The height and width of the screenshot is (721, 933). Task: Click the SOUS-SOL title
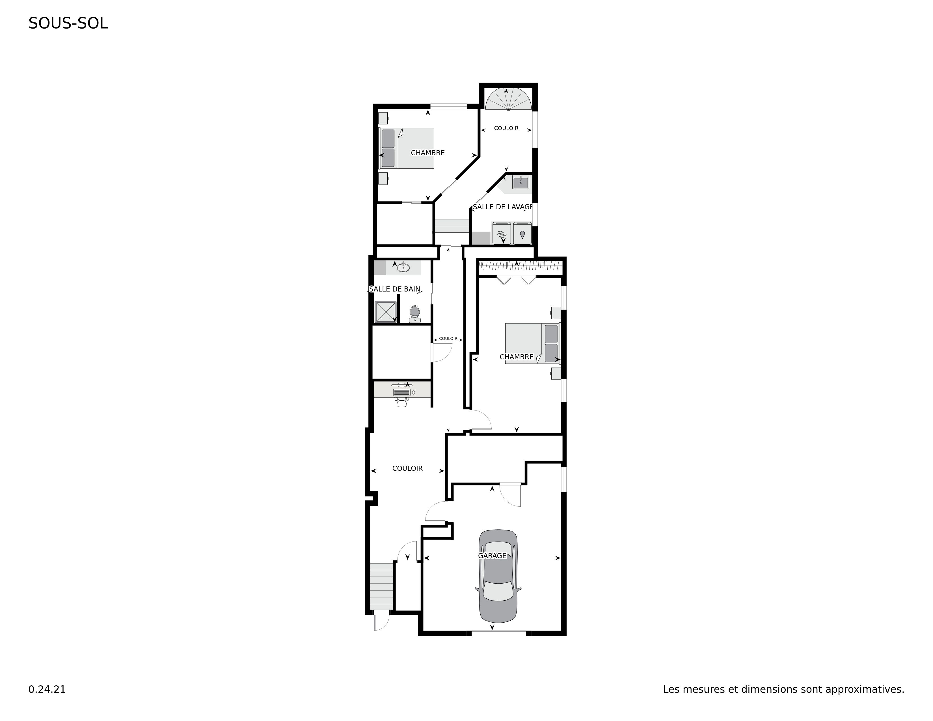(68, 23)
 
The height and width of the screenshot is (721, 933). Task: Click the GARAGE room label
(492, 556)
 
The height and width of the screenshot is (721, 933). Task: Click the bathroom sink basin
(403, 268)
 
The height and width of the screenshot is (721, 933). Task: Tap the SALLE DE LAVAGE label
(503, 207)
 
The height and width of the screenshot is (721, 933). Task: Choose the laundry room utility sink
(521, 183)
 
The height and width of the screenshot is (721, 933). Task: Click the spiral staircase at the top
(508, 100)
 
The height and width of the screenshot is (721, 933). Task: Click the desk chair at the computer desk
(401, 401)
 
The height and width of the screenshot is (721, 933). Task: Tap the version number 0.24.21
(47, 689)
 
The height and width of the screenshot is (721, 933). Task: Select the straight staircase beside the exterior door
(381, 586)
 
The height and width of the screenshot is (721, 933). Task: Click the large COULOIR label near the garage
(407, 469)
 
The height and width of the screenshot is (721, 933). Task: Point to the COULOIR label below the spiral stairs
(506, 128)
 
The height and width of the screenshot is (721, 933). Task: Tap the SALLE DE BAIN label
(395, 289)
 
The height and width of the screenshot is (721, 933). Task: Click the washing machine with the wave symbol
(502, 233)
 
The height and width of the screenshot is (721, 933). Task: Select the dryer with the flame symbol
(522, 233)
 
